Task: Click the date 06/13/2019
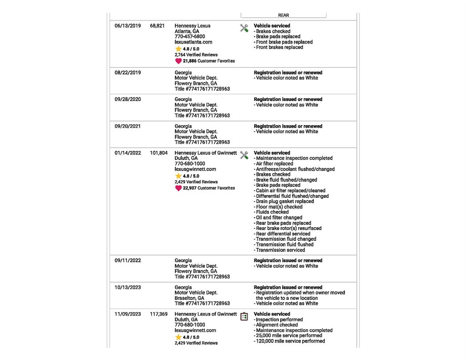[x=128, y=26]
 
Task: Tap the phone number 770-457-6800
[x=190, y=37]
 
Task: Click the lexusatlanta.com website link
[x=193, y=42]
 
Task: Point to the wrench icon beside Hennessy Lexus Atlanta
[x=244, y=28]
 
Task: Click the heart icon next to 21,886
[x=178, y=61]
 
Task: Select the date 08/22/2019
[x=128, y=73]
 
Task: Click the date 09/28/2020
[x=128, y=100]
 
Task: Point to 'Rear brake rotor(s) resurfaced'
[x=289, y=228]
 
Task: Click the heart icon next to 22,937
[x=178, y=188]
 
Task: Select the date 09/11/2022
[x=128, y=261]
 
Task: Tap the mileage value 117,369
[x=158, y=314]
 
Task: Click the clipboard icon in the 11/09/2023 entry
[x=244, y=316]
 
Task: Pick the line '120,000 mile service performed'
[x=290, y=341]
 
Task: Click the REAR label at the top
[x=284, y=15]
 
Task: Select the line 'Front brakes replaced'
[x=279, y=47]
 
